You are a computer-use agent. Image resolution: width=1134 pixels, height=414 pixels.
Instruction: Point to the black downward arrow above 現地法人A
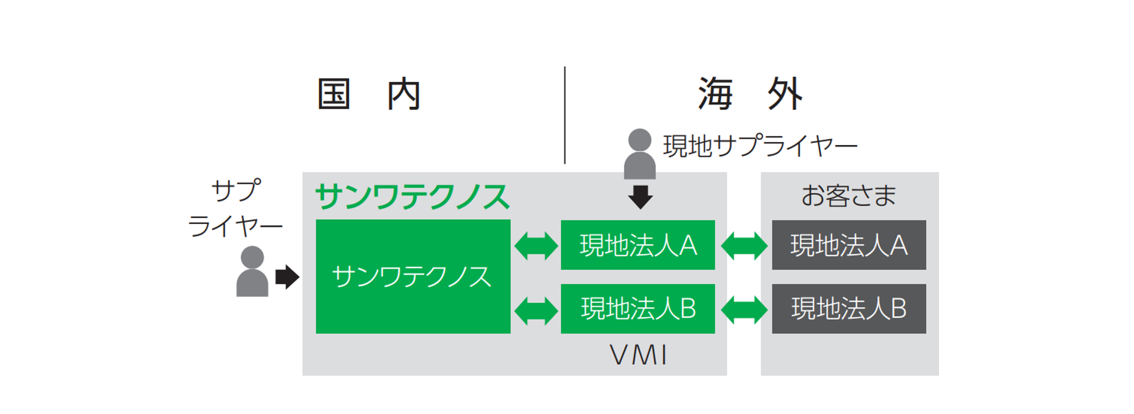(640, 197)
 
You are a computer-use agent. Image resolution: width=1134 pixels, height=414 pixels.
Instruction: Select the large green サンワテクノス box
(413, 276)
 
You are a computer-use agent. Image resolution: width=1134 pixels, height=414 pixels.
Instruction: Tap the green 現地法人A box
(637, 245)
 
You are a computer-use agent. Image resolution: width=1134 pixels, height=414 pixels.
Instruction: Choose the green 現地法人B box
(637, 308)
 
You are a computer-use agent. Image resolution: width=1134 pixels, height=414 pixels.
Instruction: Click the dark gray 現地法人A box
(849, 245)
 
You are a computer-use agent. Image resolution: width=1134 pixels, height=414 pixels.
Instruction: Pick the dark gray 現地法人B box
(849, 308)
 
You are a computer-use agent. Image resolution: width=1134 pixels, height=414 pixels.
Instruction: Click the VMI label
(638, 355)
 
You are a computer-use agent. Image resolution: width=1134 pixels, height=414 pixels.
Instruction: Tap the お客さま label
(849, 196)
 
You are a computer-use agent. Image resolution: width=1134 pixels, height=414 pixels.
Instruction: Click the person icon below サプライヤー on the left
(252, 271)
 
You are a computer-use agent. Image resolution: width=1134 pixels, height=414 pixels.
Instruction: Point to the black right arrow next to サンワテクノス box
(288, 277)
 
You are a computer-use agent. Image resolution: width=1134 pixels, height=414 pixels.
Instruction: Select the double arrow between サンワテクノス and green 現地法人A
(536, 246)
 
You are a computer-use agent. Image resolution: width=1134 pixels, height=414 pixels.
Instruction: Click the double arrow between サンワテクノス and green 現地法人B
(536, 311)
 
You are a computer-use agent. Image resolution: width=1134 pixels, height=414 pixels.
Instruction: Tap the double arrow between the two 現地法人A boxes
(744, 246)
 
